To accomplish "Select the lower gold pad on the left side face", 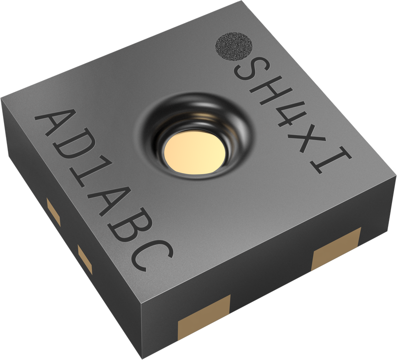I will [85, 258].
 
